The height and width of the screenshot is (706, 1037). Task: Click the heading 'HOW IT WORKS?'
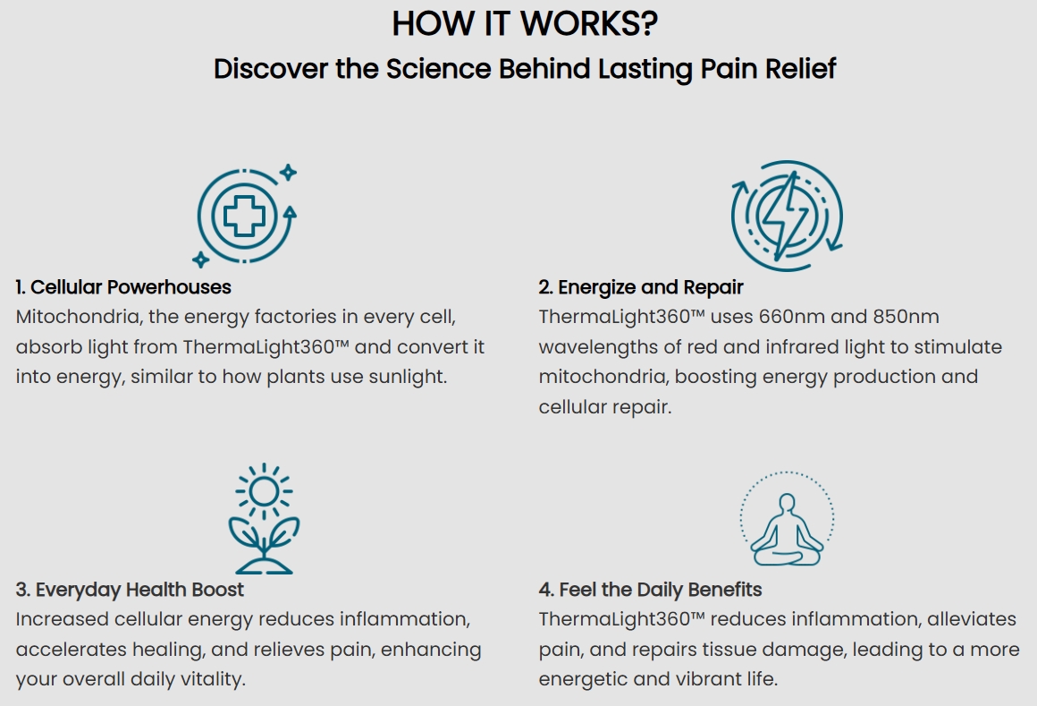tap(525, 23)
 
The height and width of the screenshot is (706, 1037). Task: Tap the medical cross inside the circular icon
tap(244, 216)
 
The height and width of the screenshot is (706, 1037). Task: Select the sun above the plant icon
tap(264, 491)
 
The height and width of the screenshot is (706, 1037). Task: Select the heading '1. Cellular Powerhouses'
tap(123, 287)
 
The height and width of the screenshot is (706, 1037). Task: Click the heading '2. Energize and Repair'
tap(641, 287)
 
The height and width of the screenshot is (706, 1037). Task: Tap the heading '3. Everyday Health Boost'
tap(130, 590)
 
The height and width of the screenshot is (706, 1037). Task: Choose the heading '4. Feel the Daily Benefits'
tap(650, 590)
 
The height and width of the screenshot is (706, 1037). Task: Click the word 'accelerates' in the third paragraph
tap(71, 649)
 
